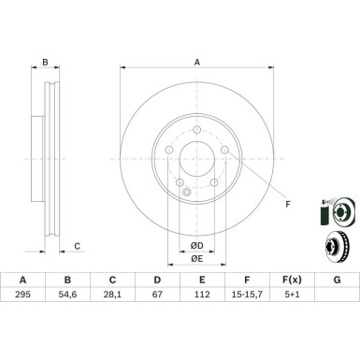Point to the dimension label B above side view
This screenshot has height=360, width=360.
tap(44, 65)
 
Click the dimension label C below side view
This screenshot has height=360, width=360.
tap(77, 246)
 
